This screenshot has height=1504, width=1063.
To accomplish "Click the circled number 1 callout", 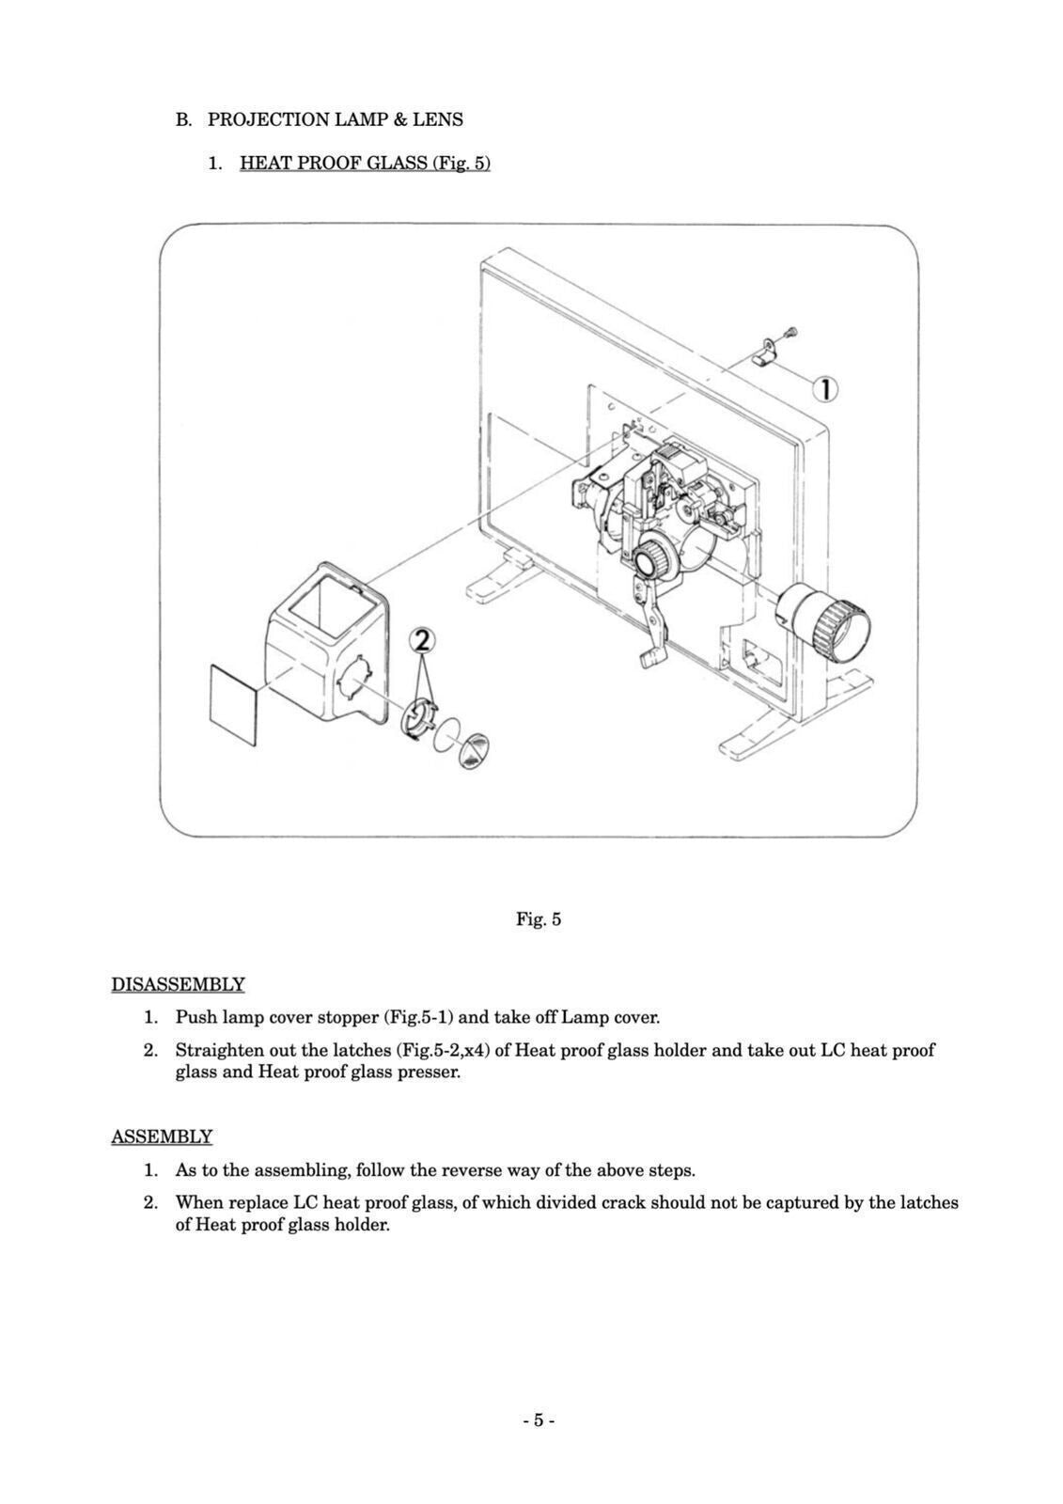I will pyautogui.click(x=824, y=389).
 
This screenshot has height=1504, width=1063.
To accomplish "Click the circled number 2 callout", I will pyautogui.click(x=422, y=640).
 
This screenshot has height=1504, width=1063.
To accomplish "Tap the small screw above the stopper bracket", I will pyautogui.click(x=789, y=332).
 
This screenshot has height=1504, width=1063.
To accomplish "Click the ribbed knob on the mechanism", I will pyautogui.click(x=649, y=561).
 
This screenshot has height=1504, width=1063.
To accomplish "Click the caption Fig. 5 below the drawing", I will pyautogui.click(x=538, y=919).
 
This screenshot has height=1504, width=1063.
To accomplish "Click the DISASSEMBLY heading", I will pyautogui.click(x=178, y=984).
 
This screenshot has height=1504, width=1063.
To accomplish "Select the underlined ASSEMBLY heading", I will pyautogui.click(x=162, y=1136).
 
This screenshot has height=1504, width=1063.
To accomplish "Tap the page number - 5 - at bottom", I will pyautogui.click(x=538, y=1420).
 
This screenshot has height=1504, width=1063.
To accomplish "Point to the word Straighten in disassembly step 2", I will pyautogui.click(x=218, y=1050).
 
